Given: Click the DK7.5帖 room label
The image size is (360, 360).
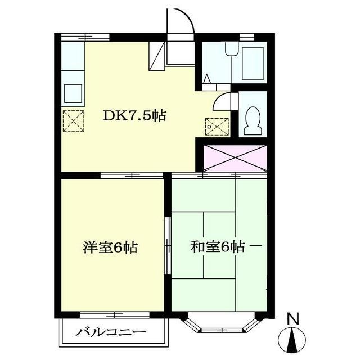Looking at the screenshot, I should (x=134, y=116).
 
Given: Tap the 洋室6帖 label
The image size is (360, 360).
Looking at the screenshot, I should (x=111, y=247).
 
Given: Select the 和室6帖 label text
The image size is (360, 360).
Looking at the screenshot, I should (x=218, y=247).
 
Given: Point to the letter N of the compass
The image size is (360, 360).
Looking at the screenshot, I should (x=292, y=319).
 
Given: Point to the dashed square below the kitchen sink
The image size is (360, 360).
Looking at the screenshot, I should (x=73, y=120).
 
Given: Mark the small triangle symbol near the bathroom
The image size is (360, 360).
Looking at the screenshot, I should (x=208, y=79).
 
